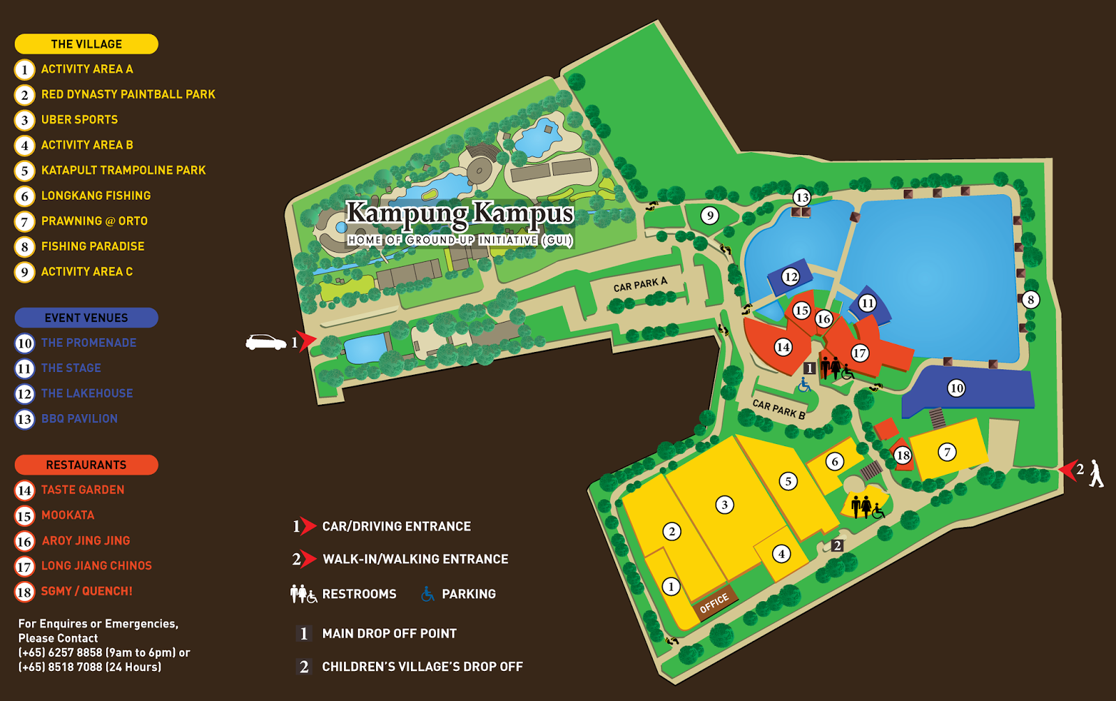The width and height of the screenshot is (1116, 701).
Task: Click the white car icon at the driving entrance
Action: coord(266,343)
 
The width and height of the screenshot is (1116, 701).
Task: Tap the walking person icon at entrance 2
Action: coord(1096,473)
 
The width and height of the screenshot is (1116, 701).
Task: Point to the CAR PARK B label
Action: coord(778,409)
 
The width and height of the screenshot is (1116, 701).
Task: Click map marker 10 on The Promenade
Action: coord(956,388)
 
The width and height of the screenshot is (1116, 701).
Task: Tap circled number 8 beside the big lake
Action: coord(1030,300)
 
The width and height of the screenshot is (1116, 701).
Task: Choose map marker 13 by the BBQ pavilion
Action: coord(802,198)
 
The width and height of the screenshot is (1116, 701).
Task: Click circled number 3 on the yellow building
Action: coord(725,505)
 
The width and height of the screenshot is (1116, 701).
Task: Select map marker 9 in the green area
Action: coord(709,216)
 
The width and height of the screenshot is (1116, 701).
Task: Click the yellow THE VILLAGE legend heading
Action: coord(86,44)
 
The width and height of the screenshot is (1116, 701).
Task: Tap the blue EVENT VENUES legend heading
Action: coord(86,318)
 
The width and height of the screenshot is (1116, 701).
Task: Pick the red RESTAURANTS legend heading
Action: coord(86,465)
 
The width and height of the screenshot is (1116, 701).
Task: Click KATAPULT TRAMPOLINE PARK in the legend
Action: coord(123,170)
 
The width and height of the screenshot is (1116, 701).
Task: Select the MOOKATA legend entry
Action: coord(68,515)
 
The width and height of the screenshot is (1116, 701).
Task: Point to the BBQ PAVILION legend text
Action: coord(80,419)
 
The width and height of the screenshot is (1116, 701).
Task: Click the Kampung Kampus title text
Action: coord(460,214)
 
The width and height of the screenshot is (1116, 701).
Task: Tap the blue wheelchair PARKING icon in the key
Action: coord(428,594)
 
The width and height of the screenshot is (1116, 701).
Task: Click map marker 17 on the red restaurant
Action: coord(859,353)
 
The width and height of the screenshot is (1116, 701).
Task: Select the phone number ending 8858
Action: coord(75,653)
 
